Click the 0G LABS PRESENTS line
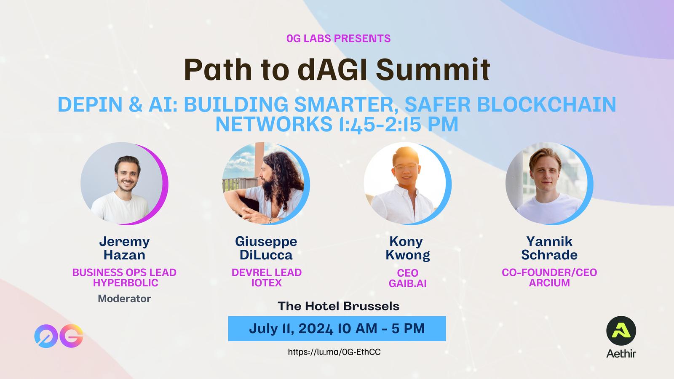click(x=339, y=38)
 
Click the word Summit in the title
click(x=433, y=69)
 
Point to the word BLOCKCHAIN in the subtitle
click(x=546, y=104)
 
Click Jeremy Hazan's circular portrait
click(x=124, y=184)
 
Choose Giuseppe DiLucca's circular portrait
click(x=266, y=184)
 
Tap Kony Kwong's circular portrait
click(x=408, y=184)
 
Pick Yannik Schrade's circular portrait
click(x=549, y=184)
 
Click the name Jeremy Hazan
click(x=124, y=248)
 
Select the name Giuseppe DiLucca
click(x=266, y=248)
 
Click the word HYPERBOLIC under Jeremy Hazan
click(x=126, y=283)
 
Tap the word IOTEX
click(x=267, y=283)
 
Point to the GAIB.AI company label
click(x=408, y=283)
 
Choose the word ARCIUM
click(x=549, y=283)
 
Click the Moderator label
click(x=124, y=299)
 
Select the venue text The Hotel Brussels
click(x=339, y=306)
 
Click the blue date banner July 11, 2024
click(x=337, y=328)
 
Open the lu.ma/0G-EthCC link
click(x=334, y=352)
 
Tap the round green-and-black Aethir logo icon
click(x=621, y=331)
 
